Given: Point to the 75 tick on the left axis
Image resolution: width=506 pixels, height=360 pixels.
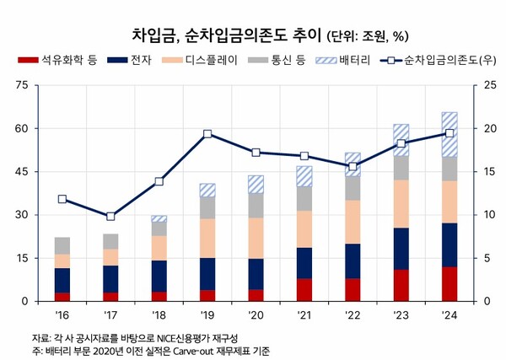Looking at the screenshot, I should (x=21, y=85).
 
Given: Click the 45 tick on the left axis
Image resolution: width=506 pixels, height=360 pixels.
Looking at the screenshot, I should (x=21, y=172).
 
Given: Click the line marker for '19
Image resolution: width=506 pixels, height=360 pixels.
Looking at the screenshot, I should (x=207, y=134).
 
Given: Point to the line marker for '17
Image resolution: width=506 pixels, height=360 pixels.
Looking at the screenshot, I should (x=110, y=216).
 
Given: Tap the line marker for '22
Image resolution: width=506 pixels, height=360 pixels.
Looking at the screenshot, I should (x=353, y=166).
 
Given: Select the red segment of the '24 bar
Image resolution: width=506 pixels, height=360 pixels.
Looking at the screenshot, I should (x=449, y=283).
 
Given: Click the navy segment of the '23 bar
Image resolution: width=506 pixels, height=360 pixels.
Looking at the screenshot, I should (x=401, y=249).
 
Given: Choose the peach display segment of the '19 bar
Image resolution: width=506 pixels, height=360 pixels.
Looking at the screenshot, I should (x=207, y=238).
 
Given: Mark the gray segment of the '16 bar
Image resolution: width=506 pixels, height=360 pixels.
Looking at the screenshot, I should (x=62, y=245).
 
